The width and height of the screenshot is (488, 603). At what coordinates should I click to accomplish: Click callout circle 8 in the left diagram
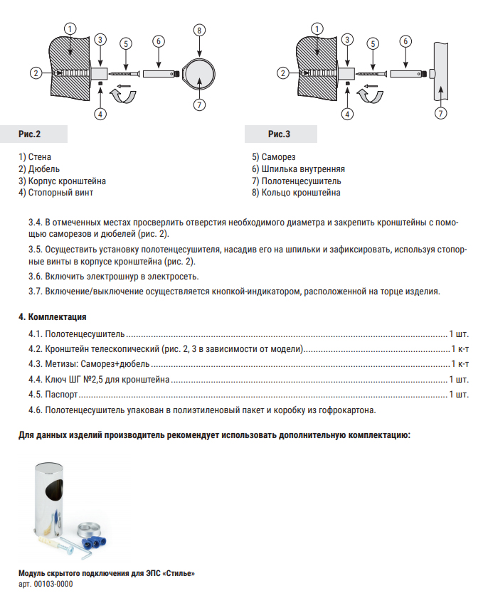pyautogui.click(x=199, y=30)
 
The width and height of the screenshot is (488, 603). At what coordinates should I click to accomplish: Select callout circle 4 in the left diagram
pyautogui.click(x=101, y=113)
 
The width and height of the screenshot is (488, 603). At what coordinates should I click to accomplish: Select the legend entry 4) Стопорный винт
pyautogui.click(x=56, y=192)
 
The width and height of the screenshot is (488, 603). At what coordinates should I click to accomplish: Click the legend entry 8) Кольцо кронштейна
pyautogui.click(x=295, y=192)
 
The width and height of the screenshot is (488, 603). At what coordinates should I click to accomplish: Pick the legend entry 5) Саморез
pyautogui.click(x=273, y=157)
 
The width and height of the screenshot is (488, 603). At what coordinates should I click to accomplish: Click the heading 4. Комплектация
pyautogui.click(x=53, y=316)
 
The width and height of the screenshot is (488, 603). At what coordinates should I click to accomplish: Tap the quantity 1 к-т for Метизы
pyautogui.click(x=460, y=363)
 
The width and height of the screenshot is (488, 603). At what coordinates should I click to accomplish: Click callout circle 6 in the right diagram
pyautogui.click(x=405, y=41)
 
